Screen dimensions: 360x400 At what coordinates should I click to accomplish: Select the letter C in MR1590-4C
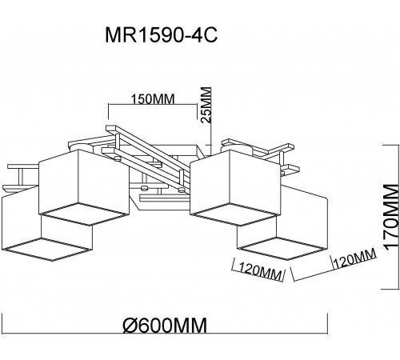click(x=215, y=37)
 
